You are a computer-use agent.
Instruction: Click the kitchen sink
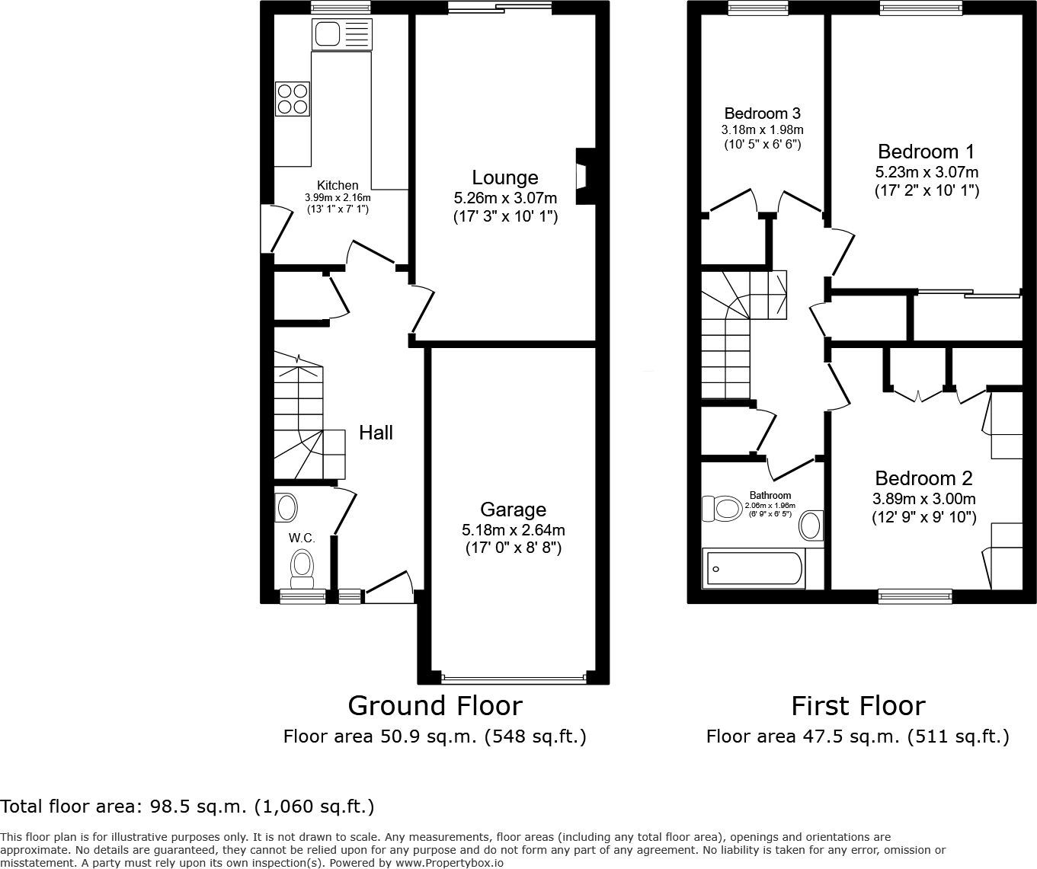341,34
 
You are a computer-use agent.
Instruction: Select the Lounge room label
504,177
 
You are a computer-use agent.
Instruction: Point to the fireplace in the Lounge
584,177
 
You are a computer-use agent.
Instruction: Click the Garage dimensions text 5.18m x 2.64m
513,530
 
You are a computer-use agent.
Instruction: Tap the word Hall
376,433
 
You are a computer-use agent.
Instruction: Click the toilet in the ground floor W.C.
302,568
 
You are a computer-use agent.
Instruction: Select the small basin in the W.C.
286,506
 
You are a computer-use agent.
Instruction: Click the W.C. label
302,538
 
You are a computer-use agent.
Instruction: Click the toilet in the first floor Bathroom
722,509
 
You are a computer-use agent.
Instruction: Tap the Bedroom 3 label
762,113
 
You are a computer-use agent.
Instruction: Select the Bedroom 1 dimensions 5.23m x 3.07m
927,172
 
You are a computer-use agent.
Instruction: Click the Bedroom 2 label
923,478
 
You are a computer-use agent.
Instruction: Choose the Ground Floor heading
435,706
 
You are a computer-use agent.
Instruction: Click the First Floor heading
858,706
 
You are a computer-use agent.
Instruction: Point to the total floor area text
187,806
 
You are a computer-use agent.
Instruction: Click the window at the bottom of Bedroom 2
914,596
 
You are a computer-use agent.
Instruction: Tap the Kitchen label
338,185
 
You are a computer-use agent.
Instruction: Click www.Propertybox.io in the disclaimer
449,863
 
